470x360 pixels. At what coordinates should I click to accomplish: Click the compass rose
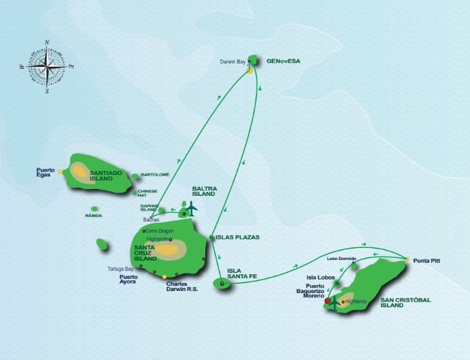47,67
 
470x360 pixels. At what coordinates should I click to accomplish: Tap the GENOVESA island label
283,61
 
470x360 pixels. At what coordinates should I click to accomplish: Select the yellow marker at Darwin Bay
249,71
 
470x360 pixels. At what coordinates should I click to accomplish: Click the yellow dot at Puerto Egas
60,172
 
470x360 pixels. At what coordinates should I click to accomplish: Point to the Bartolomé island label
155,174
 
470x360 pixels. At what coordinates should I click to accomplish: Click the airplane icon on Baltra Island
191,209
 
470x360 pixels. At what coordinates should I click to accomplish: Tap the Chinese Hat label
147,193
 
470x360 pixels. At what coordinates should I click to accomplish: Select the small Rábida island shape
95,209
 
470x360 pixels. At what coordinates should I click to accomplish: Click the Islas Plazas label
238,237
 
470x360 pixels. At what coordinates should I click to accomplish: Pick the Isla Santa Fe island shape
221,283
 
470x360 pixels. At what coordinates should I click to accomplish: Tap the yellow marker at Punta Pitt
407,259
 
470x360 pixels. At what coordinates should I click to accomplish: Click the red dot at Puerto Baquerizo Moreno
328,301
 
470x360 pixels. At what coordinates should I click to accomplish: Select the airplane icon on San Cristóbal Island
334,305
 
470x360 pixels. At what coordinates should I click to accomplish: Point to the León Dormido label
342,259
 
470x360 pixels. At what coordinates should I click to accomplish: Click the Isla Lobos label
321,278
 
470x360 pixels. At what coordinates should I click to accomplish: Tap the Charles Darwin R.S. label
182,286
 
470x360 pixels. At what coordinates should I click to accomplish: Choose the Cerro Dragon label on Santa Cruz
160,231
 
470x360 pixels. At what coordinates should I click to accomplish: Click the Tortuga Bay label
120,269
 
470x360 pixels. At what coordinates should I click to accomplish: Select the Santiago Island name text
106,176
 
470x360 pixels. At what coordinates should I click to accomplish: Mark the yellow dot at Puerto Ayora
164,277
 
